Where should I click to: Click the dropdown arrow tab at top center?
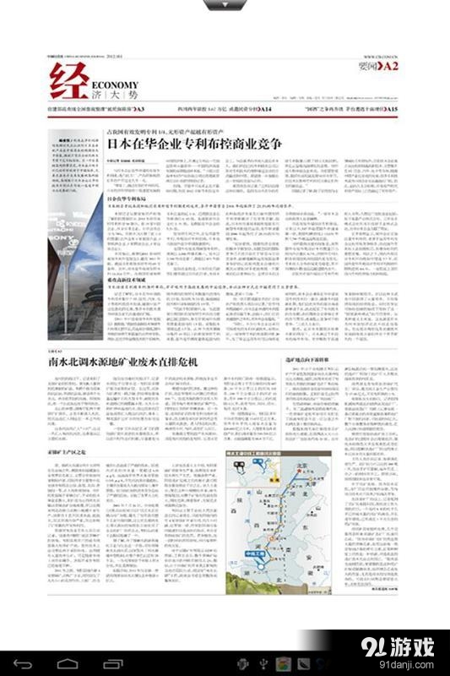tap(224, 5)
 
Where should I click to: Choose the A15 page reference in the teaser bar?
tap(389, 110)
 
